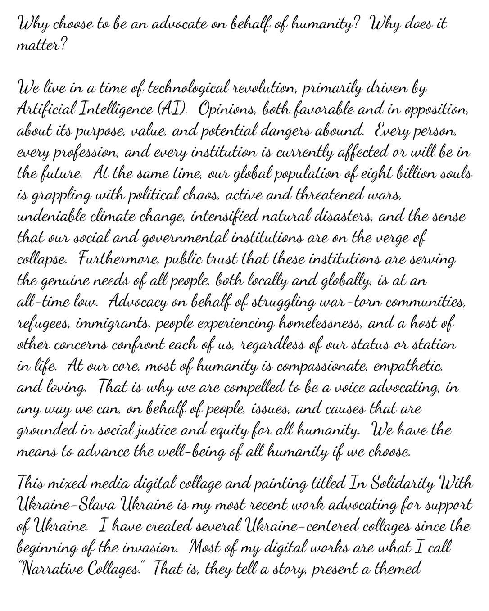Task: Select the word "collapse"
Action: pos(41,260)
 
